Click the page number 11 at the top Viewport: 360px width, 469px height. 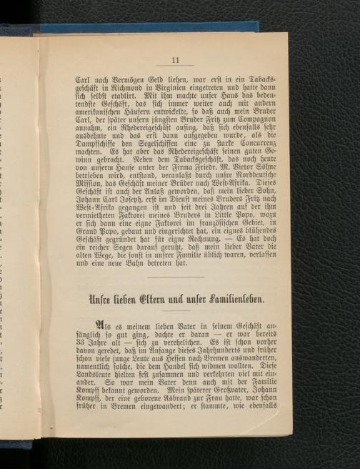[x=174, y=59]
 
